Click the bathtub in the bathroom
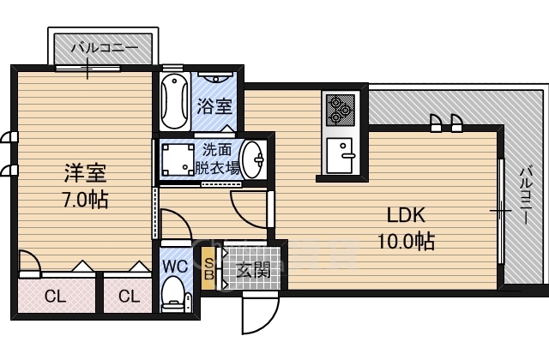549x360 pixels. coord(175,101)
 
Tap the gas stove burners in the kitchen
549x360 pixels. coord(341,111)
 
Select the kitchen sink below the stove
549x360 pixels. coord(340,155)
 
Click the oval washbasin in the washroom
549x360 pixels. coord(254,159)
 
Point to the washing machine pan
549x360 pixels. coord(178,160)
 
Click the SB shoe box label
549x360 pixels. coord(208,268)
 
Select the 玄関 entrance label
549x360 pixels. coord(254,269)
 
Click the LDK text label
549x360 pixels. coord(406,215)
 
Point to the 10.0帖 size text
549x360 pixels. coord(406,241)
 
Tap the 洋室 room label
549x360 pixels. coord(85,173)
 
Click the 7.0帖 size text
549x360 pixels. coord(85,200)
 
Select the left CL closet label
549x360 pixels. coord(55,297)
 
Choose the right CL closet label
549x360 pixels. coord(130,297)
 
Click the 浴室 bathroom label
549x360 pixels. coord(214,106)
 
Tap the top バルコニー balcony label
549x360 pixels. coord(105,48)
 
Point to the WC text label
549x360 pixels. coord(175,267)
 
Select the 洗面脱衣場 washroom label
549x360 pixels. coord(217,159)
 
